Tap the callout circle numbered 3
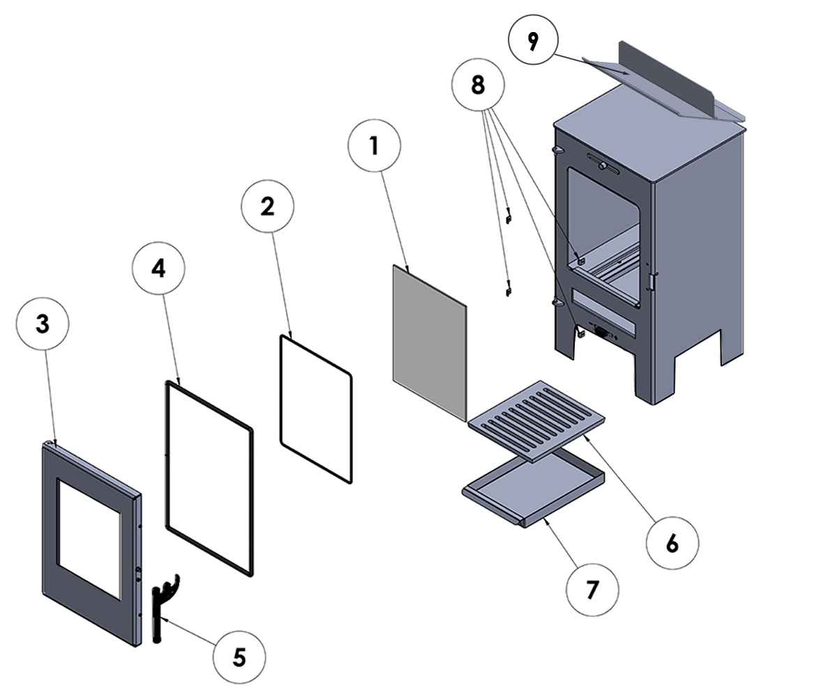point(43,325)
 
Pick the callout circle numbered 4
point(158,268)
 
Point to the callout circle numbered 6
point(672,543)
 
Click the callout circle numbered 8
point(478,85)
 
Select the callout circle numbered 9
point(534,42)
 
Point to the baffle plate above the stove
point(663,80)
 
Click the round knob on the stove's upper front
point(602,167)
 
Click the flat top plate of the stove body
point(649,143)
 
